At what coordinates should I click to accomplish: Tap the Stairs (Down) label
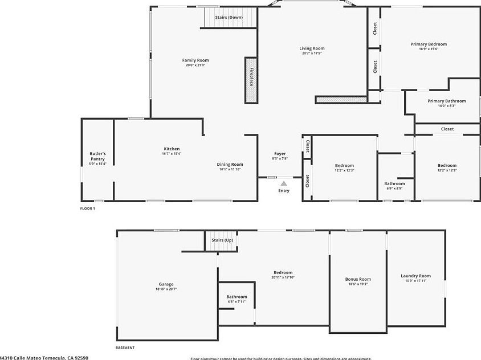(x=229, y=18)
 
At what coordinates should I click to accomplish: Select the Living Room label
(x=312, y=48)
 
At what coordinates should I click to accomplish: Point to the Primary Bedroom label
(x=429, y=44)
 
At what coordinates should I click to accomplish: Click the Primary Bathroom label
(x=446, y=101)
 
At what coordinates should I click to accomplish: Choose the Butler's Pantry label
(x=97, y=156)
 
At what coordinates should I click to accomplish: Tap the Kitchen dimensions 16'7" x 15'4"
(x=172, y=154)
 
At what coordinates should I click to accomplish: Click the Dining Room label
(x=230, y=164)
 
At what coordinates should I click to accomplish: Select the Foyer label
(x=280, y=154)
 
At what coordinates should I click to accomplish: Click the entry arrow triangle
(x=284, y=183)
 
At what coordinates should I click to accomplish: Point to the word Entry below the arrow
(x=284, y=191)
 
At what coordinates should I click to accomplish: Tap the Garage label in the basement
(x=166, y=284)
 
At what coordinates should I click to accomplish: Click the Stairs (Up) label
(x=222, y=240)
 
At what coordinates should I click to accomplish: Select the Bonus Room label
(x=358, y=279)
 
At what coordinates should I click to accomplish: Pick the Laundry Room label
(x=415, y=276)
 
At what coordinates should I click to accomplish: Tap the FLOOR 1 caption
(x=87, y=208)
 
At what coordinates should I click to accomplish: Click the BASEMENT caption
(x=125, y=347)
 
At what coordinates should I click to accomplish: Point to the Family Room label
(x=195, y=60)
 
